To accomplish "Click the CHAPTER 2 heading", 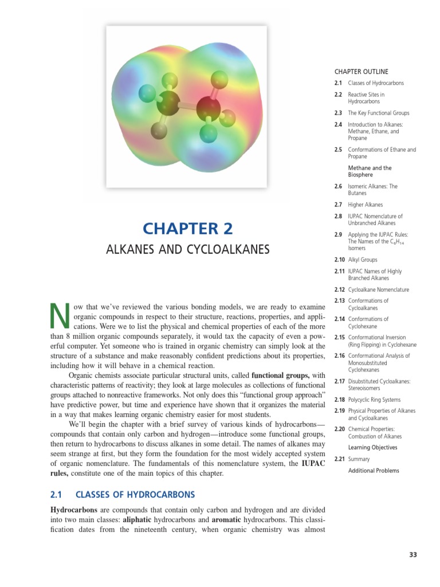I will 188,229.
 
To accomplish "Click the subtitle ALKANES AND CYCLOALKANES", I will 188,250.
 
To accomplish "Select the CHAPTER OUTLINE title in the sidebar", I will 361,72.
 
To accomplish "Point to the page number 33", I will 413,554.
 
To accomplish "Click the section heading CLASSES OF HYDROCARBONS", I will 135,494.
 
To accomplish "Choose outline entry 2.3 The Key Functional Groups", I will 378,113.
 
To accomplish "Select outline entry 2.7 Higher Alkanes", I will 365,205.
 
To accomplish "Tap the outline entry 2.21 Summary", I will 359,459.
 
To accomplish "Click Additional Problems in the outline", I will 374,471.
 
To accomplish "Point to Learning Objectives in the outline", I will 372,448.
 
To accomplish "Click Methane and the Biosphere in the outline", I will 370,171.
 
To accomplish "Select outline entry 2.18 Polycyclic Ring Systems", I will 374,400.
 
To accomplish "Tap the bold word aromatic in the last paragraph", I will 231,519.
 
